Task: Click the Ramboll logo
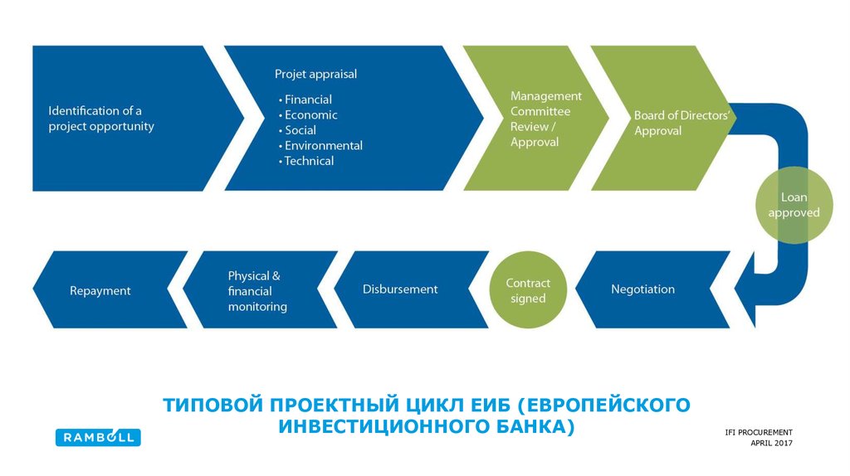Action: [98, 437]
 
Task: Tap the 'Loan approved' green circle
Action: [794, 205]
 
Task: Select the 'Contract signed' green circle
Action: [528, 290]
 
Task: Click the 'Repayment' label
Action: [100, 291]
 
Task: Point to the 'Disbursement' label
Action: [400, 289]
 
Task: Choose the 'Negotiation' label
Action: [642, 289]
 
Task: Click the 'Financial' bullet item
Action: [308, 100]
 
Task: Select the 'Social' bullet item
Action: [300, 130]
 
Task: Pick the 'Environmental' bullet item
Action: [323, 146]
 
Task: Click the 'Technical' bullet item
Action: [309, 161]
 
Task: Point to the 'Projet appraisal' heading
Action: [315, 74]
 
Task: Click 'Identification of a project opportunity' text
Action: [101, 119]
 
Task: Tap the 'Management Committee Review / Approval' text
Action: [545, 119]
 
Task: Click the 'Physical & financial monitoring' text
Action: [257, 291]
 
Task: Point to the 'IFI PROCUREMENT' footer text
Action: [758, 432]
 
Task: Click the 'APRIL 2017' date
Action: [771, 444]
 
